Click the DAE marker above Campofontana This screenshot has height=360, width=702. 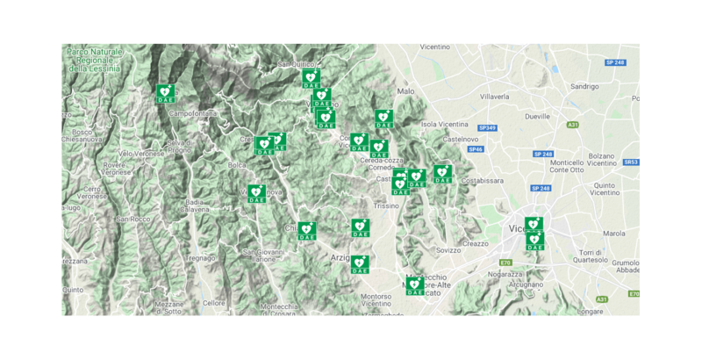tap(165, 93)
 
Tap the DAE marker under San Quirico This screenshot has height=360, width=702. tap(311, 78)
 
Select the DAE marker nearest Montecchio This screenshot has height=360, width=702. tap(414, 285)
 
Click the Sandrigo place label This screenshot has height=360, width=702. tap(584, 87)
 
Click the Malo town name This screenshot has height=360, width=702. tap(405, 91)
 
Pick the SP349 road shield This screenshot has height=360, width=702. tap(488, 128)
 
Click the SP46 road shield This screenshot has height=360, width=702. tap(475, 149)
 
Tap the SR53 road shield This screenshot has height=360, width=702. tap(631, 162)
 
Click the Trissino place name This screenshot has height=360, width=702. tap(385, 205)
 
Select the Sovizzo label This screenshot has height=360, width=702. tap(448, 250)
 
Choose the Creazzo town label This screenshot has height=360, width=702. tap(475, 243)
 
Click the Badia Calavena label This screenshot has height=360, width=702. tap(197, 205)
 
